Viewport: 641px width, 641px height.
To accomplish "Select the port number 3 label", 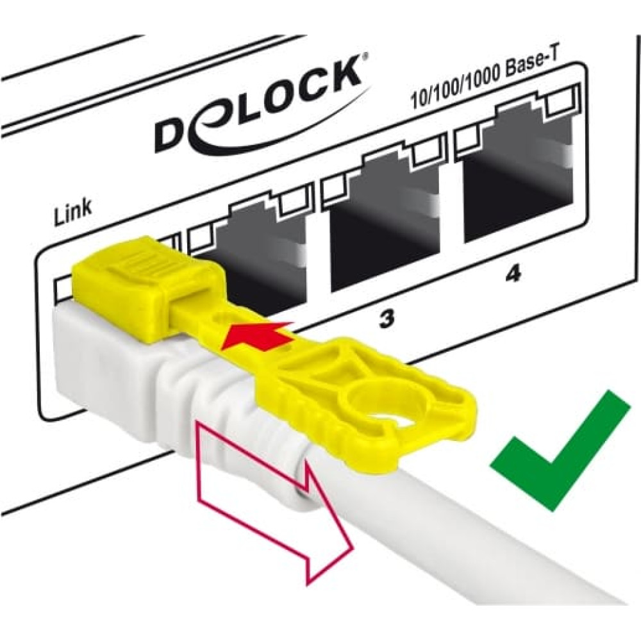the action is pyautogui.click(x=385, y=321).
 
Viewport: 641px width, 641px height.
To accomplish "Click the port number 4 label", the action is pyautogui.click(x=513, y=275).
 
